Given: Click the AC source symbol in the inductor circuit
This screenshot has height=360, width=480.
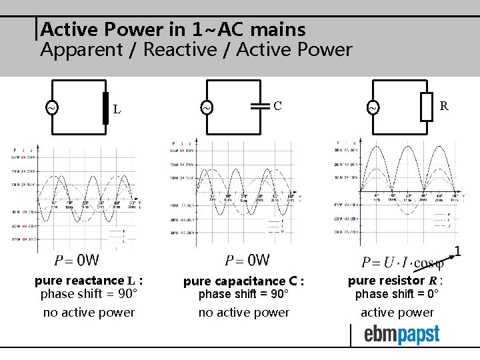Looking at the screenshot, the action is (51, 107).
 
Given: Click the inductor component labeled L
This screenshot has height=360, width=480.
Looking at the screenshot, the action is (105, 109).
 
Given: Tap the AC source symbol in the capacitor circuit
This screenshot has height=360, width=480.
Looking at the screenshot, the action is (207, 107).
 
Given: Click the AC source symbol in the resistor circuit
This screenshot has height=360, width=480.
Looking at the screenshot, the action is (374, 107).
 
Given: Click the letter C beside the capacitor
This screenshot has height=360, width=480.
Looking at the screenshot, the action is (278, 105).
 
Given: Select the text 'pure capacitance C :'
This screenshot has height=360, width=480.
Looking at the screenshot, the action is (243, 281).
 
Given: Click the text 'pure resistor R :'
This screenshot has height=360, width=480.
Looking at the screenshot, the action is (396, 281).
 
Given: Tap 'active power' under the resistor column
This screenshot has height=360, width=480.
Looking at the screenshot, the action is (397, 312).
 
